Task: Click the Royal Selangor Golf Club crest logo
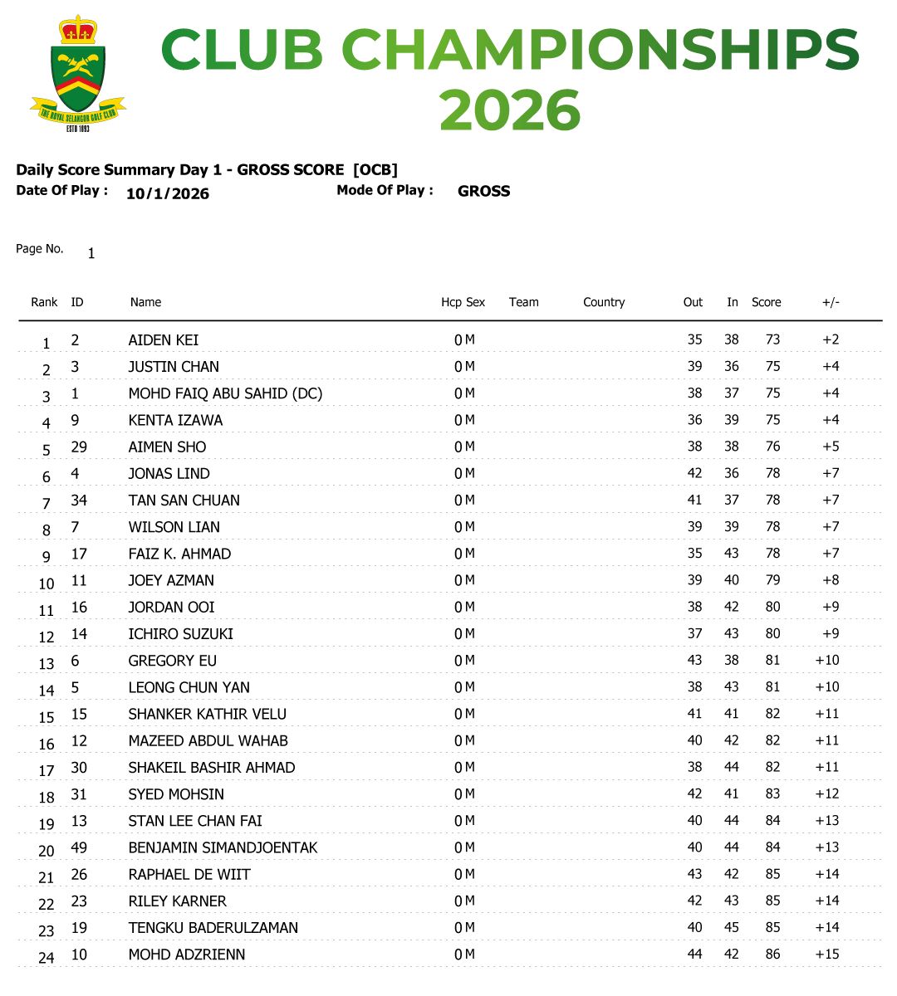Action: pyautogui.click(x=77, y=73)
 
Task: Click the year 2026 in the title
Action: pyautogui.click(x=509, y=110)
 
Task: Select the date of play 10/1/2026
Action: pyautogui.click(x=167, y=194)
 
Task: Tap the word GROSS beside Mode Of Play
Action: pyautogui.click(x=483, y=191)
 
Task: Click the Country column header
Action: pyautogui.click(x=603, y=302)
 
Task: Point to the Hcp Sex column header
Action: pyautogui.click(x=463, y=302)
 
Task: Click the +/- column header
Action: pyautogui.click(x=831, y=302)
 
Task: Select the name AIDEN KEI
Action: pyautogui.click(x=163, y=340)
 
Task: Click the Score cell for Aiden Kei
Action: pyautogui.click(x=772, y=339)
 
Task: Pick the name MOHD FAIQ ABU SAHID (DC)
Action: pyautogui.click(x=225, y=393)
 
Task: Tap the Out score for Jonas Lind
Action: pyautogui.click(x=694, y=473)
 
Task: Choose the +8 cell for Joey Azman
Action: pyautogui.click(x=831, y=580)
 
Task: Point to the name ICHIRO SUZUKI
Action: pyautogui.click(x=180, y=634)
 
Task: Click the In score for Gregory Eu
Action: pyautogui.click(x=731, y=661)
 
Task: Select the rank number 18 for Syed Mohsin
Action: pyautogui.click(x=47, y=798)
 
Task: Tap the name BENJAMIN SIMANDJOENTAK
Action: pyautogui.click(x=223, y=847)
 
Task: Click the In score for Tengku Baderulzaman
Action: pyautogui.click(x=731, y=927)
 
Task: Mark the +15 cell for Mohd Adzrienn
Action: pyautogui.click(x=827, y=954)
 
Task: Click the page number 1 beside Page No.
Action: pyautogui.click(x=91, y=254)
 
